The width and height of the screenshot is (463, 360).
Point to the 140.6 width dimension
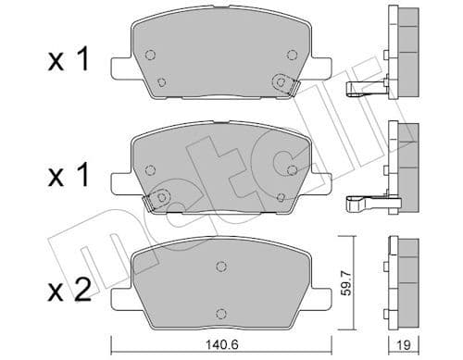pyautogui.click(x=219, y=346)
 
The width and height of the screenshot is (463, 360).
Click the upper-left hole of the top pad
pyautogui.click(x=151, y=53)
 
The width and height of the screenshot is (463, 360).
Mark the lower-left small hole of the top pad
pyautogui.click(x=162, y=81)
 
